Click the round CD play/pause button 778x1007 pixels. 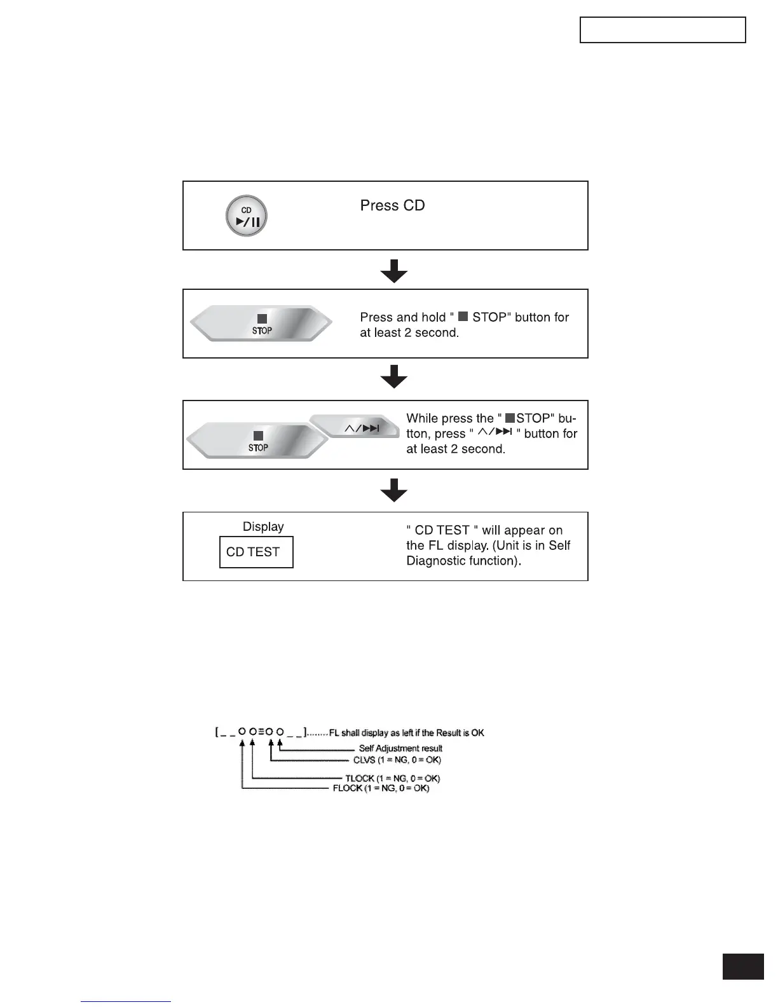tap(247, 216)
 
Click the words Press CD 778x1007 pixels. tap(392, 205)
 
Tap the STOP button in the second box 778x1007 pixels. tap(261, 324)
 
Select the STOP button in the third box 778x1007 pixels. tap(257, 441)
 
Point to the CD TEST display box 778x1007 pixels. tap(256, 552)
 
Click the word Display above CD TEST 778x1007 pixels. tap(263, 526)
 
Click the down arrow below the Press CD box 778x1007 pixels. tap(394, 271)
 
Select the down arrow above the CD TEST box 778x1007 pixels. tap(394, 490)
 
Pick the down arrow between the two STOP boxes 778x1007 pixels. tap(394, 376)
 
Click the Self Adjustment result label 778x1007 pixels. tap(400, 748)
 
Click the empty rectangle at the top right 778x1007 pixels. tap(662, 30)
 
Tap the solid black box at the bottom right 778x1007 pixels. tap(743, 966)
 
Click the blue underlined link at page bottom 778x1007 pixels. tap(126, 1001)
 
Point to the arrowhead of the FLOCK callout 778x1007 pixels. tap(242, 744)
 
